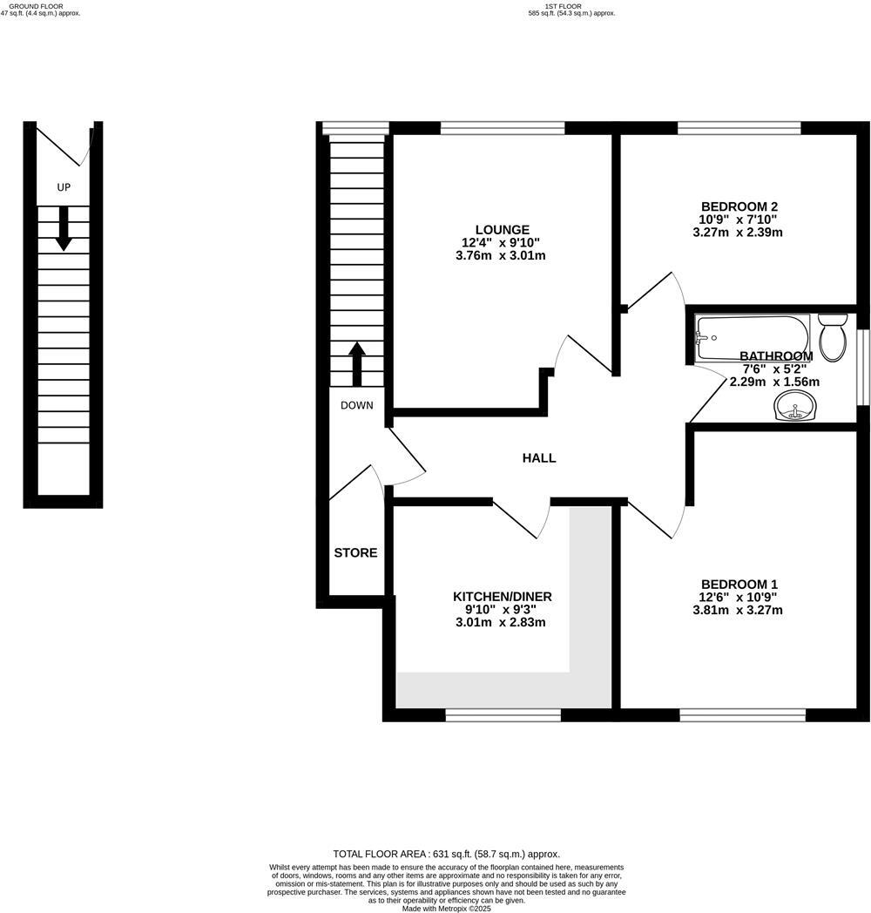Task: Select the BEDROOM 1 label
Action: coord(739,584)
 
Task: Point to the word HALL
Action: coord(538,458)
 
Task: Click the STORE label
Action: coord(355,552)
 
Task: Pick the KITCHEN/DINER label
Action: coord(502,597)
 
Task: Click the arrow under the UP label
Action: coord(64,230)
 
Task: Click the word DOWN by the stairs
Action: coord(357,405)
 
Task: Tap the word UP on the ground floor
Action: coord(64,187)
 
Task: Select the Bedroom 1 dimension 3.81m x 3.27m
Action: coord(739,610)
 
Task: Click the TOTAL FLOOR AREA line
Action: coord(446,855)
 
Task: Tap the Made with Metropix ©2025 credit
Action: coord(446,908)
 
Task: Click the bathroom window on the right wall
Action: coord(863,367)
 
